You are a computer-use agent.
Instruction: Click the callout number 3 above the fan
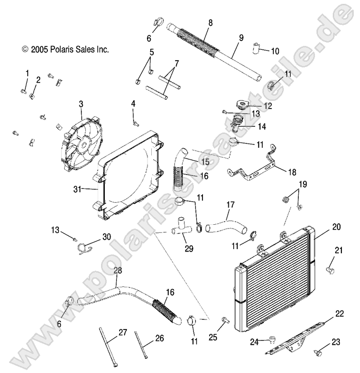tap(81, 103)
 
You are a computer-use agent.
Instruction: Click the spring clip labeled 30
tap(85, 247)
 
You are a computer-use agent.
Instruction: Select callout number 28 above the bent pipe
tap(118, 271)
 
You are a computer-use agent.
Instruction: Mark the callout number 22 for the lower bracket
tap(339, 314)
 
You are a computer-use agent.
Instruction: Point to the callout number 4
tap(133, 103)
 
